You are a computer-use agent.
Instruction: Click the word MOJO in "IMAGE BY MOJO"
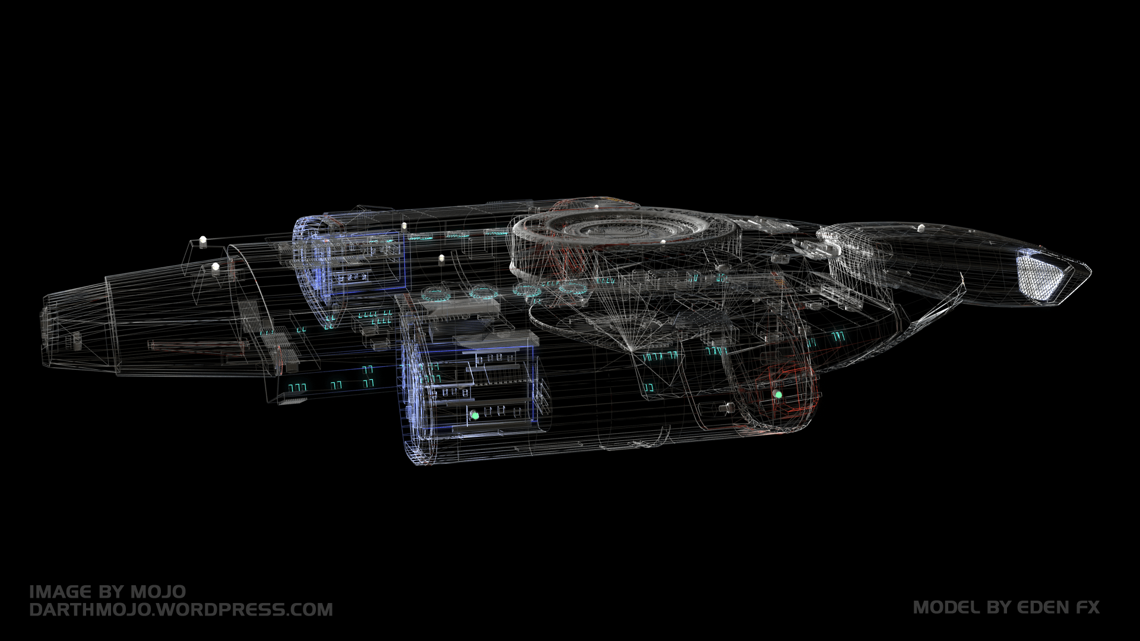coord(158,592)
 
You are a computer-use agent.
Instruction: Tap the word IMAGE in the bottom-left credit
coord(60,592)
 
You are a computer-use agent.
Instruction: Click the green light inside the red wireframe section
coord(778,394)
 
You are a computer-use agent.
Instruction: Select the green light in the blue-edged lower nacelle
coord(474,415)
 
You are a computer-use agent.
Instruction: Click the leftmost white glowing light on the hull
coord(202,240)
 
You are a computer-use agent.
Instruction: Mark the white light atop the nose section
coord(921,227)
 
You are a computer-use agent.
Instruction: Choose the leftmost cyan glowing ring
coord(436,292)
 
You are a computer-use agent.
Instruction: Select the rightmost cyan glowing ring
coord(573,288)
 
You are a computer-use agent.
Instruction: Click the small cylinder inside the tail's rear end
coord(77,339)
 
